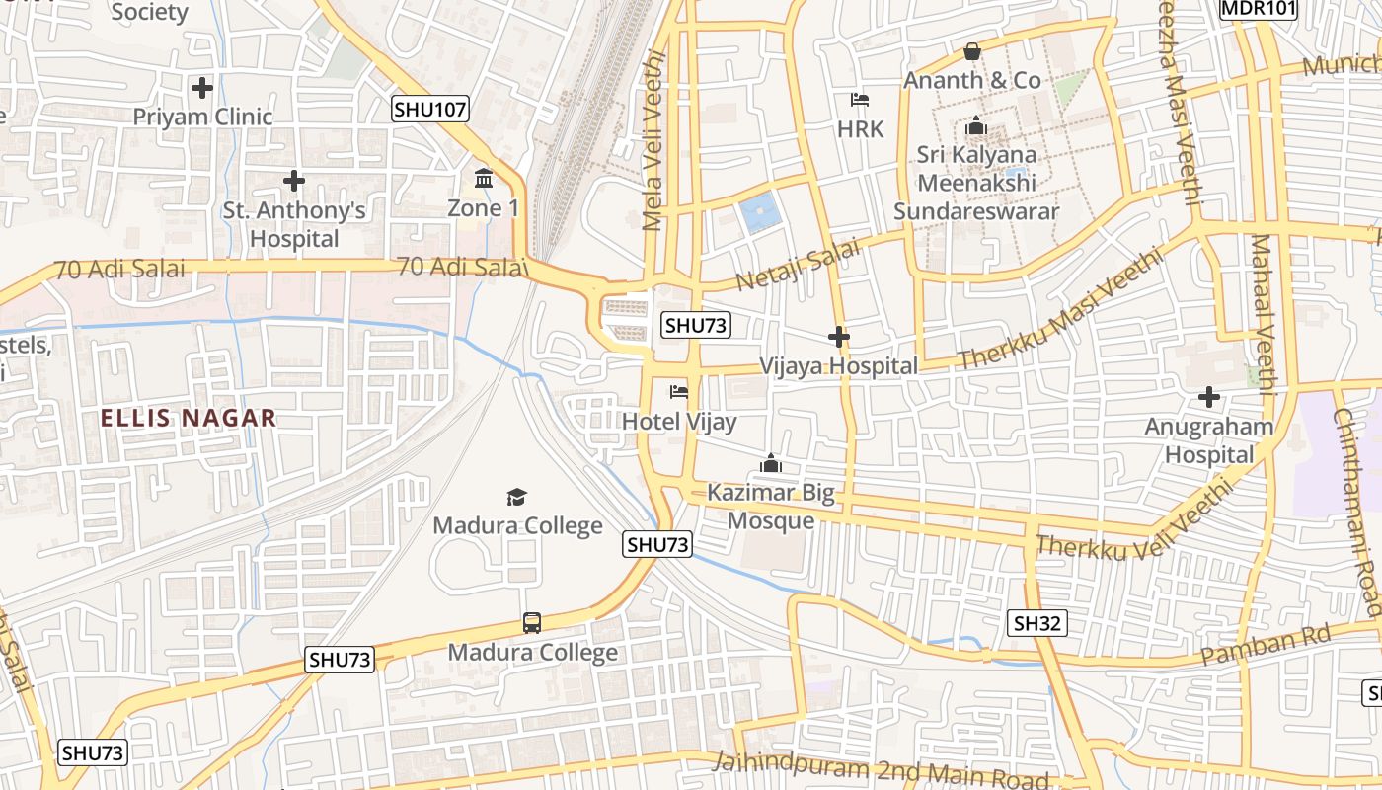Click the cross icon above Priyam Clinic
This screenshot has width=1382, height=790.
[202, 88]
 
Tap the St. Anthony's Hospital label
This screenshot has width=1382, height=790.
[294, 224]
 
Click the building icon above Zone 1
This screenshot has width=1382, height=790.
[484, 179]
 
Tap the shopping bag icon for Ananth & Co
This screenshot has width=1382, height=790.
[972, 50]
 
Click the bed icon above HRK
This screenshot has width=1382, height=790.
[860, 100]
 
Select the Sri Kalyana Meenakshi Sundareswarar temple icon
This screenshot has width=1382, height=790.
[976, 125]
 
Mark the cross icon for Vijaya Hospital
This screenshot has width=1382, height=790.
[839, 337]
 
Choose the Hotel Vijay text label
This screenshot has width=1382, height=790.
[679, 423]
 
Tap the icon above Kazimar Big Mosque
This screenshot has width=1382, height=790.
[771, 462]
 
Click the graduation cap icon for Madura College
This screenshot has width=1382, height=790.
[517, 496]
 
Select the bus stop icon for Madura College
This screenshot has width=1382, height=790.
[532, 623]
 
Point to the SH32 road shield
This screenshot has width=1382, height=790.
[1037, 622]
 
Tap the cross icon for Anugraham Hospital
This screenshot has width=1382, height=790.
[1209, 397]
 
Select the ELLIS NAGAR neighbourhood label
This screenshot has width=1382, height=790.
[188, 418]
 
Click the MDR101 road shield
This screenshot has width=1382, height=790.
[1258, 9]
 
